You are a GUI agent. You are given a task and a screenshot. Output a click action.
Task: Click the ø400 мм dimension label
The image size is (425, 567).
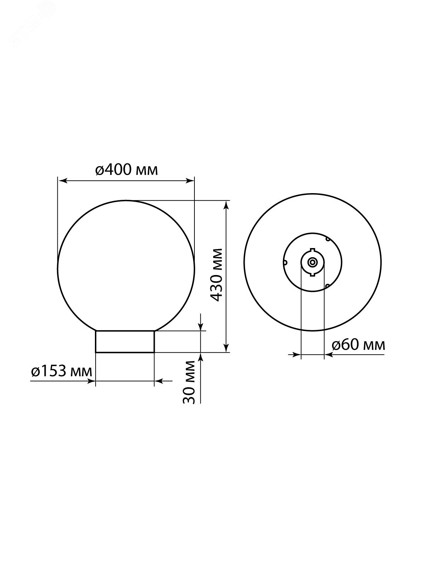(x=126, y=170)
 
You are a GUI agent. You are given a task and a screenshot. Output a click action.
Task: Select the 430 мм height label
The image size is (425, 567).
(x=216, y=275)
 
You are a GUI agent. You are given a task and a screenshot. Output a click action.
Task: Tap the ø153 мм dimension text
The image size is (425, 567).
(x=61, y=372)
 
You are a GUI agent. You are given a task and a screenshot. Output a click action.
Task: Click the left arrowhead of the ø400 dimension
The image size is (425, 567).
(x=62, y=181)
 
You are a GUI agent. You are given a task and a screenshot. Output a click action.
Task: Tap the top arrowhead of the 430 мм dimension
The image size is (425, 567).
(x=226, y=205)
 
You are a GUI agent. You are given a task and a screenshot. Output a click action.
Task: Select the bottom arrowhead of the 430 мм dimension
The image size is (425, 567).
(x=226, y=348)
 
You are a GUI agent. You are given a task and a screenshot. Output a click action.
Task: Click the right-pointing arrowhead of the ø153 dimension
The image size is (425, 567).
(x=91, y=381)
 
